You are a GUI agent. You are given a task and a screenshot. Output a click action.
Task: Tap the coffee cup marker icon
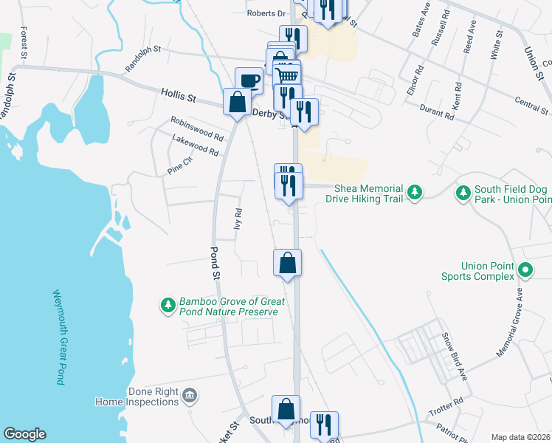click(x=249, y=80)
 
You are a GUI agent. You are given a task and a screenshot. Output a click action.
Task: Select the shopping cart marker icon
click(x=287, y=73)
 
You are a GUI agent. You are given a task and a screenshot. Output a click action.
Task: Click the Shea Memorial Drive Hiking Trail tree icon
click(x=415, y=192)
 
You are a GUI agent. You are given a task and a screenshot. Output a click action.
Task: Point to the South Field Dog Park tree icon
click(x=463, y=193)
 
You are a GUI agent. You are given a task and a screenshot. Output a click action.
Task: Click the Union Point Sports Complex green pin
click(x=525, y=270)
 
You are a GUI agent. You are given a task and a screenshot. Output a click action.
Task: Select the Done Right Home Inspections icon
click(x=190, y=396)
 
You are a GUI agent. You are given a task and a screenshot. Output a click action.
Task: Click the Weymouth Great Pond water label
click(x=58, y=337)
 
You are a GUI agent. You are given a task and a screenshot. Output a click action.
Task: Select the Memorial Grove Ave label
click(x=509, y=323)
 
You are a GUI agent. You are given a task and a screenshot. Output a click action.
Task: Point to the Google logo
click(x=24, y=434)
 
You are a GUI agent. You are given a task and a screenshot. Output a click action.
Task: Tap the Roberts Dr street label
click(x=266, y=13)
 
